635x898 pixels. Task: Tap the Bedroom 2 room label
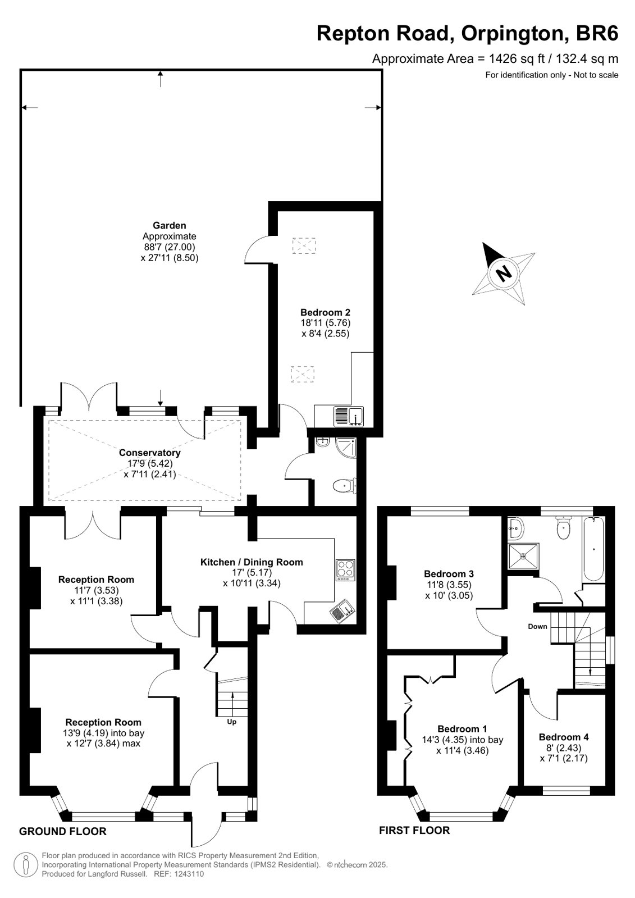(x=326, y=312)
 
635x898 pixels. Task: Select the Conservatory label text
(x=149, y=453)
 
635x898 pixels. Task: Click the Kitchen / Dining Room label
(x=252, y=562)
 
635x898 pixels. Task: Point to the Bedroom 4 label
(x=564, y=737)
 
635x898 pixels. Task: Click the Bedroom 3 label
(x=449, y=574)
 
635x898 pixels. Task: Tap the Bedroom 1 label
(x=463, y=729)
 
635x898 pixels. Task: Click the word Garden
(x=169, y=225)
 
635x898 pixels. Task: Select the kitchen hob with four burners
(x=345, y=570)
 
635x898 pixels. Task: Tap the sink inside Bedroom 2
(x=348, y=417)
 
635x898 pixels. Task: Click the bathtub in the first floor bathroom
(x=593, y=549)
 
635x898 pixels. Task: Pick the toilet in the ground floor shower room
(x=345, y=486)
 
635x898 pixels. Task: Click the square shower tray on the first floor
(x=523, y=556)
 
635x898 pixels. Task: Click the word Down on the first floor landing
(x=537, y=627)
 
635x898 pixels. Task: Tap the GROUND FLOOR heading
(x=63, y=832)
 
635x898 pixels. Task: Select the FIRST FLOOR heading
(x=414, y=830)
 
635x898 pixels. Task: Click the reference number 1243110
(x=189, y=874)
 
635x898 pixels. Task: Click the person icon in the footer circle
(x=26, y=864)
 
